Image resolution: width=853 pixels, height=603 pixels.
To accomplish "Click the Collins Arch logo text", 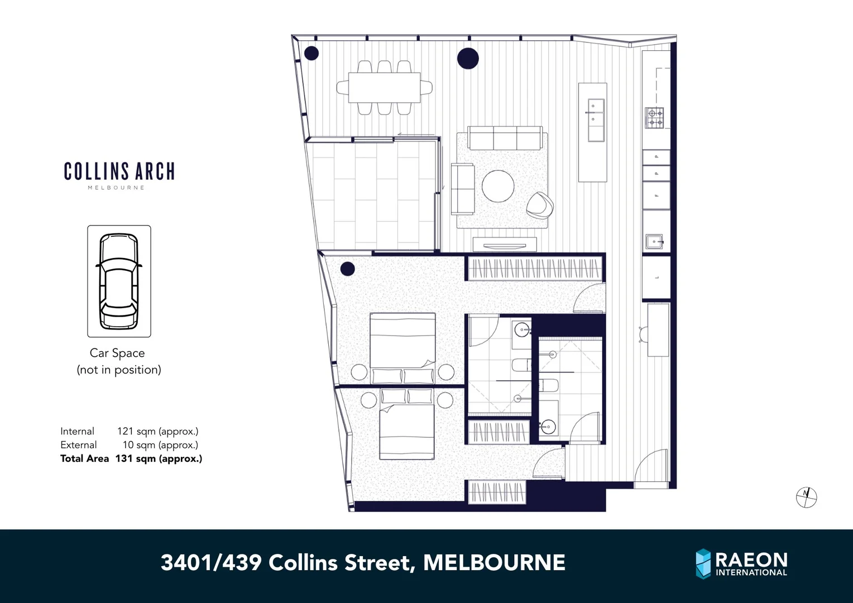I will click(119, 171).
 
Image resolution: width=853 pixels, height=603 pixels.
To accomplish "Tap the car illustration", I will click(119, 281).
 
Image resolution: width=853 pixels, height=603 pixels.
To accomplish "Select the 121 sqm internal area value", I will click(157, 431).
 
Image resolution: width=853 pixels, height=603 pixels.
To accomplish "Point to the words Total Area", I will click(84, 458).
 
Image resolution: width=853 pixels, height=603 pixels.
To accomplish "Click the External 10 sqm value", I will click(160, 445).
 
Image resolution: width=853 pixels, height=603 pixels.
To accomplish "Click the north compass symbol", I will click(806, 497).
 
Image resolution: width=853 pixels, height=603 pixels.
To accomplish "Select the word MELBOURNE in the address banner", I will click(494, 562).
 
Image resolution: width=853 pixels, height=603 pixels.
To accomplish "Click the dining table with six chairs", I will click(384, 88).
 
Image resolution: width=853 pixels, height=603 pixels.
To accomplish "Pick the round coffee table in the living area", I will click(498, 186).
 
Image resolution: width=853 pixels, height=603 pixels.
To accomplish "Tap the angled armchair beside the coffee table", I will click(540, 205).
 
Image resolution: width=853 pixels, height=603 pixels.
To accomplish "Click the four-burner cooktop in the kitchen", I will click(655, 118).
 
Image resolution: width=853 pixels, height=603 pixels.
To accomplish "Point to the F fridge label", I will click(656, 195).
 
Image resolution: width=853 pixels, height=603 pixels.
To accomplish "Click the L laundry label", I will click(657, 277).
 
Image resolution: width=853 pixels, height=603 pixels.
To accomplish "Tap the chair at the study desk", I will click(643, 334).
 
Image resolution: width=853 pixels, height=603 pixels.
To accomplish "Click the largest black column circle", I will click(468, 58).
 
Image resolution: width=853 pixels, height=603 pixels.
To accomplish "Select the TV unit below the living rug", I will click(505, 245).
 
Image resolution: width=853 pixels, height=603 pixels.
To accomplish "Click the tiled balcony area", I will click(374, 195).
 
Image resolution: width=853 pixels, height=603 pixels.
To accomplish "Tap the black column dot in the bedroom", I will click(347, 269).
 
